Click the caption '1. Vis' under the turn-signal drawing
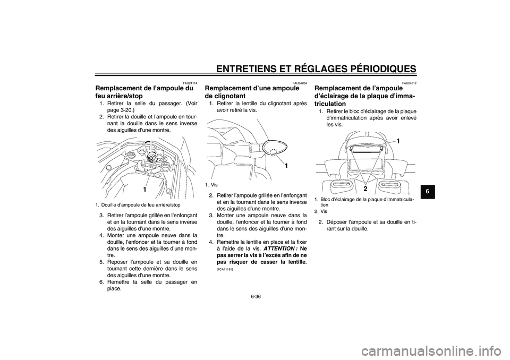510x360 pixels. coord(211,185)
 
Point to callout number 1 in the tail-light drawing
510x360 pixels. coord(144,190)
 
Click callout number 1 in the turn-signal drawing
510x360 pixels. coord(286,166)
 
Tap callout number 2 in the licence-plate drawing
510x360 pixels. coord(366,188)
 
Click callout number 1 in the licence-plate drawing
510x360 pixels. coord(396,141)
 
